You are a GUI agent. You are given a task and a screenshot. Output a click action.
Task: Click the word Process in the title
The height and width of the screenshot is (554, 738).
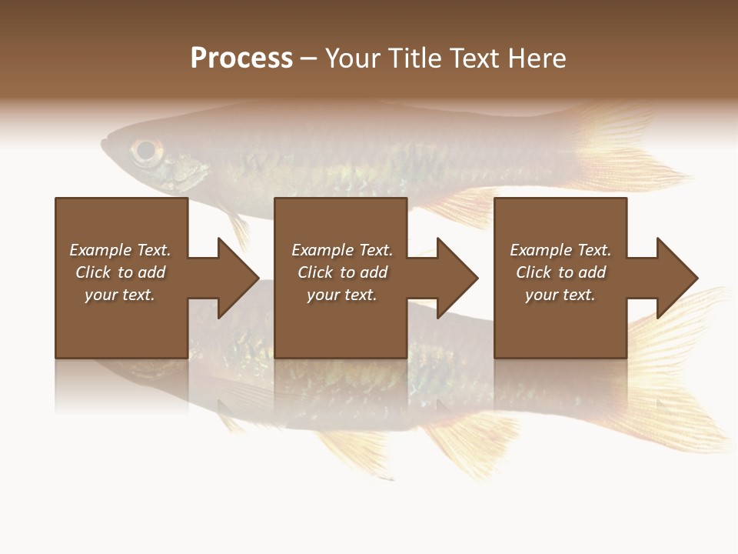point(241,58)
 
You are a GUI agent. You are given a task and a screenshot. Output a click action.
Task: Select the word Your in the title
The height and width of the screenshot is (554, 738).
point(354,58)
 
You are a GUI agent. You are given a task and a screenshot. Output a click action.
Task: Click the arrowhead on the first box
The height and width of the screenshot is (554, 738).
point(234,278)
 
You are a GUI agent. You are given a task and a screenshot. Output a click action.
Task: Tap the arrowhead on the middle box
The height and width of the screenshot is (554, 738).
point(454,278)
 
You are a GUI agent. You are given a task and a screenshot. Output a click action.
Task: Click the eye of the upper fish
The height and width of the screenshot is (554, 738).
point(144,150)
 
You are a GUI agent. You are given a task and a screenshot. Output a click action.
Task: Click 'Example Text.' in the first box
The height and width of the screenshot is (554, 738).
point(120,250)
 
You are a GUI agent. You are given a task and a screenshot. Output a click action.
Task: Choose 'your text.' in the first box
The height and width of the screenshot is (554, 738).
point(120,295)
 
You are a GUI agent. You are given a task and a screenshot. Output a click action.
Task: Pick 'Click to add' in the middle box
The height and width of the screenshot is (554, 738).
point(342,272)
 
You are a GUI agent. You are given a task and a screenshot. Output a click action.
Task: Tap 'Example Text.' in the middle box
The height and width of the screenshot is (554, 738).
point(342,250)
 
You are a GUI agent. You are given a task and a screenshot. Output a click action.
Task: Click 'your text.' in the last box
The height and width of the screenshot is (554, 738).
point(560,295)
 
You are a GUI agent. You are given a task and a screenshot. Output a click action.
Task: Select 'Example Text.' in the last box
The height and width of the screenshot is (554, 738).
point(560,250)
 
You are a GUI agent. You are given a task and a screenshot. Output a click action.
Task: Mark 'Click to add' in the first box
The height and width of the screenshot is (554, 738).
point(120,272)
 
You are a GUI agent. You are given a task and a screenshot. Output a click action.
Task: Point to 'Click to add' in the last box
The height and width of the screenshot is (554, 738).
point(560,272)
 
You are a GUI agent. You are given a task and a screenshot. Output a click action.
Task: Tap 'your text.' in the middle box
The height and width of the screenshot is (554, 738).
point(342,295)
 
